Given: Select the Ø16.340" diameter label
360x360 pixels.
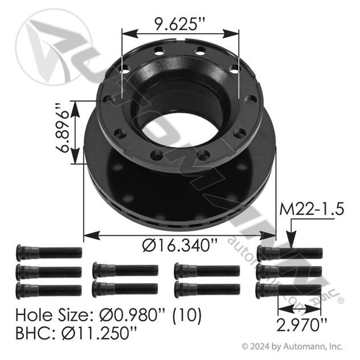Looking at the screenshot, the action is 179,245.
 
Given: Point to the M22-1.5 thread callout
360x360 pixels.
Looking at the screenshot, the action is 312,209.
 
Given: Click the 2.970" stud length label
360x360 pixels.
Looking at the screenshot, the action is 302,325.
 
